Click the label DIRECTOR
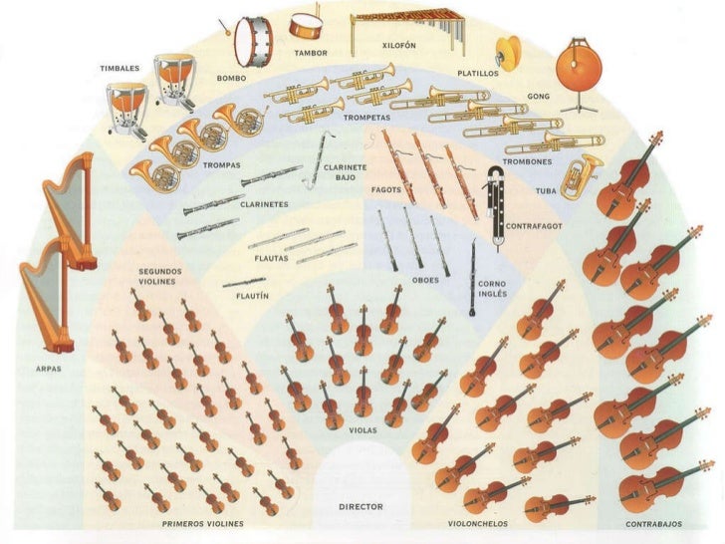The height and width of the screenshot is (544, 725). click(x=361, y=507)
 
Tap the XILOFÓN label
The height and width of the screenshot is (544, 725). click(x=398, y=46)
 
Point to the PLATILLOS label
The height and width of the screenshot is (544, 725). click(x=478, y=73)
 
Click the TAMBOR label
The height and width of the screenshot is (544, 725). click(x=309, y=52)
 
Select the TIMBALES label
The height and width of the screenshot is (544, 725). click(x=120, y=68)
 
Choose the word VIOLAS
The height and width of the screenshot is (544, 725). click(x=362, y=430)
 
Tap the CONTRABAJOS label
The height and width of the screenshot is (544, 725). click(x=652, y=523)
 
